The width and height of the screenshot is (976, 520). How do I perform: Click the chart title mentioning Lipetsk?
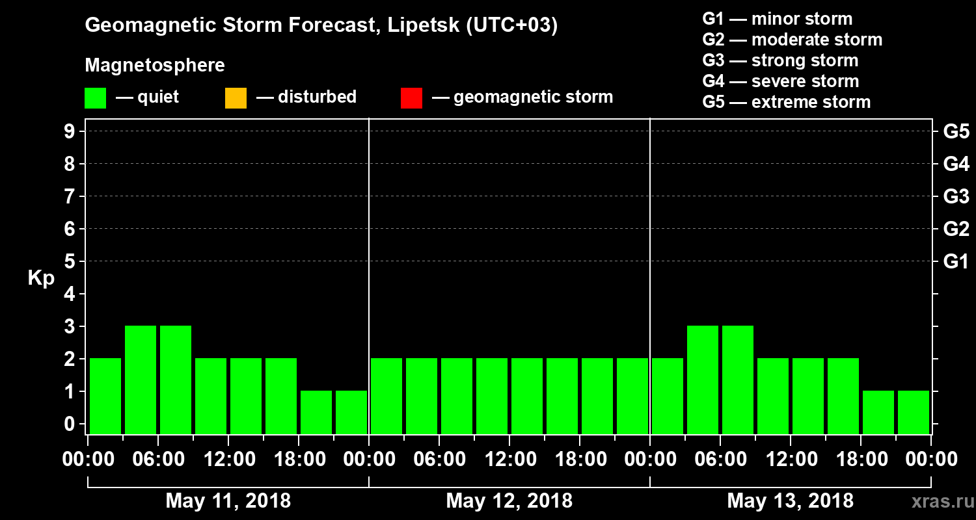[x=321, y=26]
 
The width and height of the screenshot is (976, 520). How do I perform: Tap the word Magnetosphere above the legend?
[x=155, y=66]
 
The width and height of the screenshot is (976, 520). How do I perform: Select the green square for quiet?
[x=95, y=98]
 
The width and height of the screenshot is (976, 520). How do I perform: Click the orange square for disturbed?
[x=236, y=98]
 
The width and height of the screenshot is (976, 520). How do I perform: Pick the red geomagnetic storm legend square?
[x=411, y=98]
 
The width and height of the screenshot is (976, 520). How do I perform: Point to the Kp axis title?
[x=41, y=278]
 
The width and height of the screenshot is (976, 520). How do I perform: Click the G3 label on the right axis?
[x=956, y=196]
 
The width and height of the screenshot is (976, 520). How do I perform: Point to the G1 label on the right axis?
[x=956, y=262]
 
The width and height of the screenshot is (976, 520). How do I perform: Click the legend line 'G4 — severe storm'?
[x=781, y=81]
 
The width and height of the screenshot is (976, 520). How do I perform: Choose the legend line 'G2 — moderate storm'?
[x=793, y=40]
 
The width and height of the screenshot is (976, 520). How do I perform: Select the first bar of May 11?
[x=105, y=395]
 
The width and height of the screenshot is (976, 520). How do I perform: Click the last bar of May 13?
[x=914, y=411]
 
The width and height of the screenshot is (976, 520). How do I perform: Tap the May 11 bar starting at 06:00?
[x=176, y=379]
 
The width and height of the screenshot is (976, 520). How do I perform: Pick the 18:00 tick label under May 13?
[x=861, y=460]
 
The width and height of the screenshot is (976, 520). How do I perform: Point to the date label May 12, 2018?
[x=509, y=501]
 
